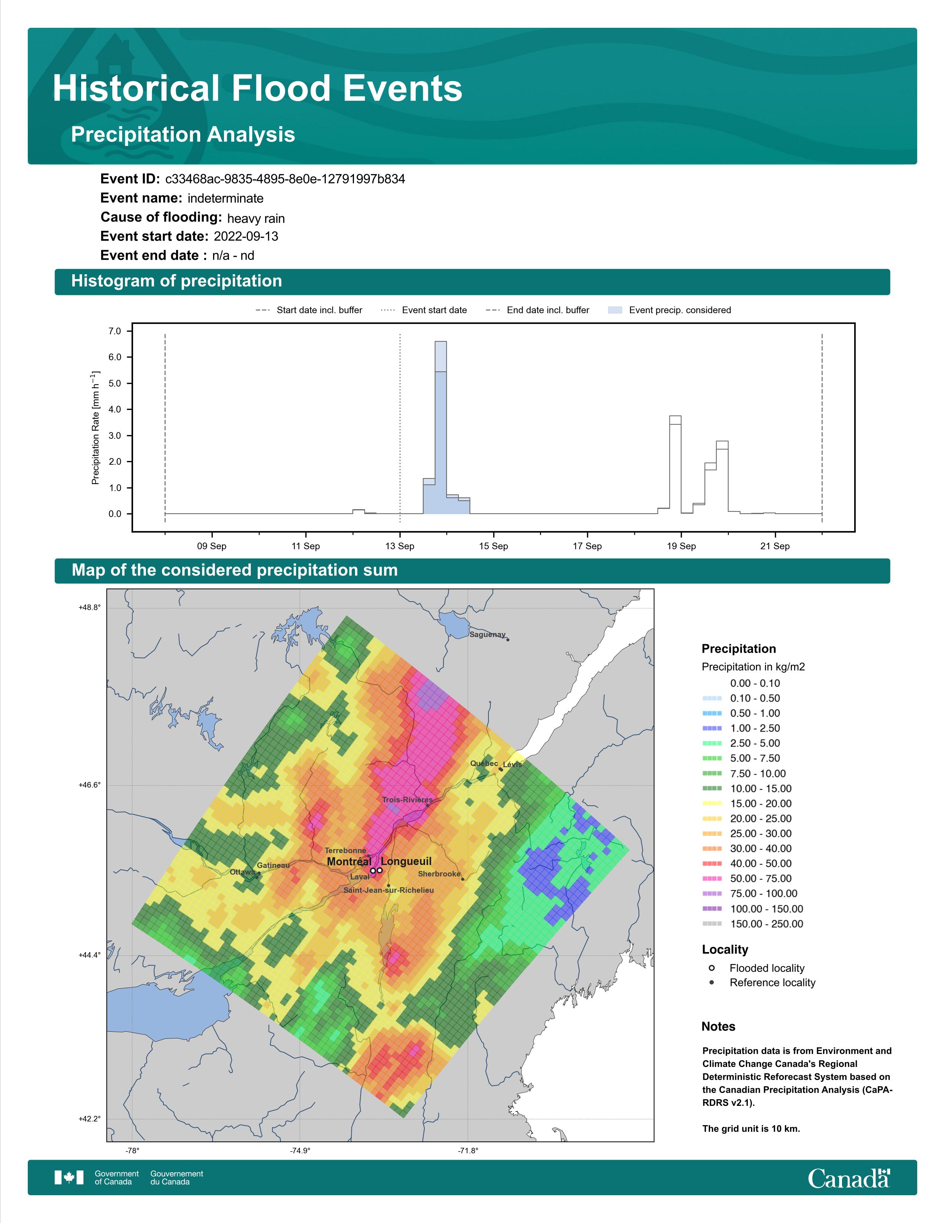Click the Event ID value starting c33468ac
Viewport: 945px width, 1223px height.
pyautogui.click(x=285, y=179)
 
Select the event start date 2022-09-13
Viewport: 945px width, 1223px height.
pyautogui.click(x=246, y=236)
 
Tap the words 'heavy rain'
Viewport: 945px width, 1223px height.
pyautogui.click(x=256, y=218)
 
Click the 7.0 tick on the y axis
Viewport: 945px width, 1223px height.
pyautogui.click(x=115, y=332)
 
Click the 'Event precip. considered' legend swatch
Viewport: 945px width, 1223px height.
pyautogui.click(x=615, y=310)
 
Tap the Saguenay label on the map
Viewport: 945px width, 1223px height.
pyautogui.click(x=487, y=634)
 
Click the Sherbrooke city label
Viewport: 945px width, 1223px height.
pyautogui.click(x=439, y=874)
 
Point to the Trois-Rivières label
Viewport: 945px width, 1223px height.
pyautogui.click(x=407, y=800)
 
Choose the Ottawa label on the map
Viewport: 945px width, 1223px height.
pyautogui.click(x=242, y=872)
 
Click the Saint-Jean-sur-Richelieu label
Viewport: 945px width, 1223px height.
pyautogui.click(x=388, y=890)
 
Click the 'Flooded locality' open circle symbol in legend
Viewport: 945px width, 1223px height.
pyautogui.click(x=712, y=968)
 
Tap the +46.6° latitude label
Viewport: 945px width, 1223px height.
pyautogui.click(x=90, y=785)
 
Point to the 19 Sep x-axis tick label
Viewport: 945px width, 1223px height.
pyautogui.click(x=681, y=546)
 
